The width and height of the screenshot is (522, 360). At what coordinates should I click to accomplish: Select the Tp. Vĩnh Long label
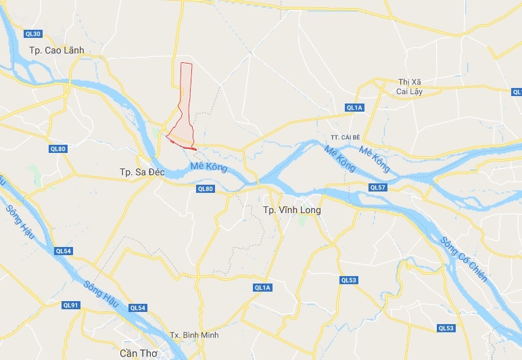click(291, 210)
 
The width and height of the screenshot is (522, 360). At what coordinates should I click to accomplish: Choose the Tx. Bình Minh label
click(194, 335)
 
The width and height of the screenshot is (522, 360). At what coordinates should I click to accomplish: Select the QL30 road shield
click(32, 34)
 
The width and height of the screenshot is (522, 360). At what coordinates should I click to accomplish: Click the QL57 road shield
click(377, 187)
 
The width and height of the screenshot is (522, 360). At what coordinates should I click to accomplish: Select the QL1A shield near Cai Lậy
click(354, 108)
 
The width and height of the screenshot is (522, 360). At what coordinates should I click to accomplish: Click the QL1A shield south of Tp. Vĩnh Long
click(262, 288)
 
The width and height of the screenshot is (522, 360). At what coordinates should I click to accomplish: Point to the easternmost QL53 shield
click(446, 328)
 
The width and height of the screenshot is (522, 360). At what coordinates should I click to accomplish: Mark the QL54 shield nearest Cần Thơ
click(137, 308)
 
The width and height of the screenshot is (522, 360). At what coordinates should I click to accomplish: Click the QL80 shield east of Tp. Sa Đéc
click(205, 189)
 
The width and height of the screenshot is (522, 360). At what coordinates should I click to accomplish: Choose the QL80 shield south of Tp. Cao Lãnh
click(57, 149)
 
